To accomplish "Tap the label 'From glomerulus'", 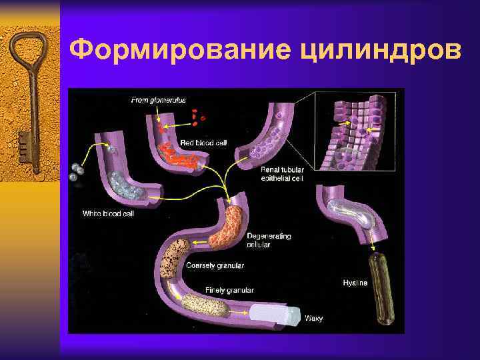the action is point(159,101).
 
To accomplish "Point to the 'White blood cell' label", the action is point(107,213).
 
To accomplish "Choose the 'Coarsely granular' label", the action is point(215,265).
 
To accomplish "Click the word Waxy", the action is point(313,318).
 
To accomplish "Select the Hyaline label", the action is point(355,283).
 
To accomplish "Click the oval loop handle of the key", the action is point(28,54).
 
